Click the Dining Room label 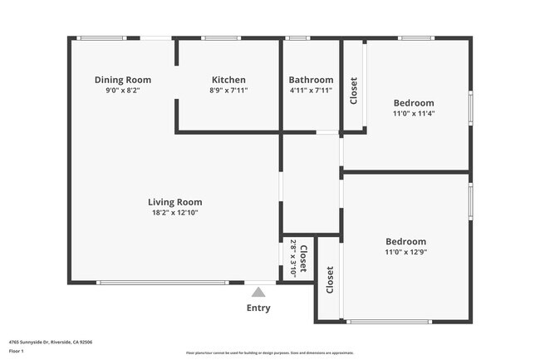point(122,80)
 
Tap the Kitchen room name point(228,80)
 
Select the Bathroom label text point(311,80)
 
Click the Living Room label point(174,202)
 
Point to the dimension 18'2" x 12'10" point(174,213)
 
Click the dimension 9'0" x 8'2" point(122,91)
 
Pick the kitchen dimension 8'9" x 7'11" point(228,91)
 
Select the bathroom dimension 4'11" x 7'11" point(311,91)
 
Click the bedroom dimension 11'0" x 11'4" point(414,114)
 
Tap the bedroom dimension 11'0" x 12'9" point(405,252)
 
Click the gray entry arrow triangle point(258,292)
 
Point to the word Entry point(258,308)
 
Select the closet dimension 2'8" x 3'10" point(292,259)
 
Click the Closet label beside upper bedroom point(354,91)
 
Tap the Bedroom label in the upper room point(414,103)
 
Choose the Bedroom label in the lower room point(405,241)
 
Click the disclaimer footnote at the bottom point(270,353)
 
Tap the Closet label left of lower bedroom point(330,279)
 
